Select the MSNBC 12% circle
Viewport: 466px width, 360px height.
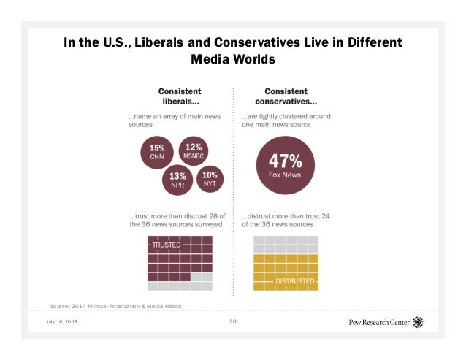coord(194,150)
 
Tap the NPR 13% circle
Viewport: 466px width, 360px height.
coord(177,180)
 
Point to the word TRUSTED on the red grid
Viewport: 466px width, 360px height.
coord(166,246)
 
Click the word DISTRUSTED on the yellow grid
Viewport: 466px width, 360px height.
coord(295,280)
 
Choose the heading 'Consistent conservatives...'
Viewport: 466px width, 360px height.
coord(280,96)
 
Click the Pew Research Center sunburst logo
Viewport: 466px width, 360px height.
coord(419,321)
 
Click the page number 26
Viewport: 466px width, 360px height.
coord(233,321)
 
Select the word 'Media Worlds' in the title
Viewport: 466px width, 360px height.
coord(232,59)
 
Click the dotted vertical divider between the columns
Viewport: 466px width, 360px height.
coord(233,190)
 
